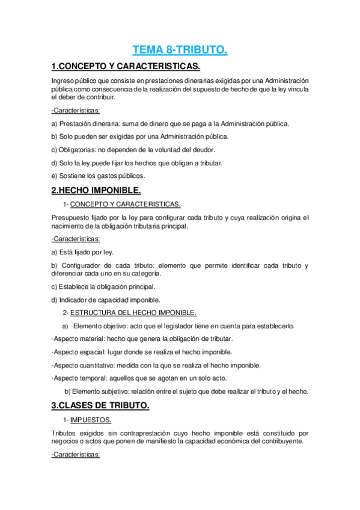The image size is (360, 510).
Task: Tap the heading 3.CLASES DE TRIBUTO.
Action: pyautogui.click(x=100, y=406)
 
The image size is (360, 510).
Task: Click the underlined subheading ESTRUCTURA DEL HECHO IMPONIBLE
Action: pyautogui.click(x=133, y=313)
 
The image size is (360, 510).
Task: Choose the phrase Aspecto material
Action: pyautogui.click(x=75, y=339)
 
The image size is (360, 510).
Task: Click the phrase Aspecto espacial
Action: pyautogui.click(x=75, y=352)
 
